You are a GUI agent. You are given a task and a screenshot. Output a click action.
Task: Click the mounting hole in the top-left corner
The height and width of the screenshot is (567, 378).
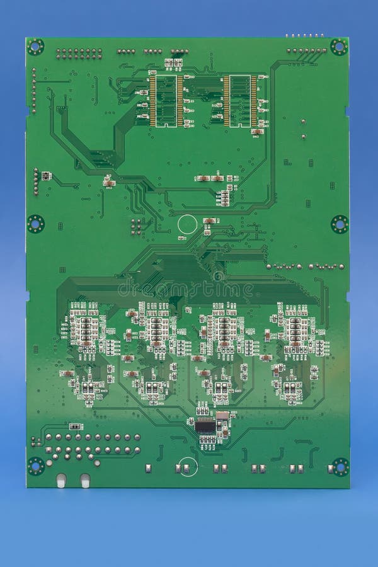35,47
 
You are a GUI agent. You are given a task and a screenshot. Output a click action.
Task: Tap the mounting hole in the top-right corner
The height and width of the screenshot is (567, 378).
339,47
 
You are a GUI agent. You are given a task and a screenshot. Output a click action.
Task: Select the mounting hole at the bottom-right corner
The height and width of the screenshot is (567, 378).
340,467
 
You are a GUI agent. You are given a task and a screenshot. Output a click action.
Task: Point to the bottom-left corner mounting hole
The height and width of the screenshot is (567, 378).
36,466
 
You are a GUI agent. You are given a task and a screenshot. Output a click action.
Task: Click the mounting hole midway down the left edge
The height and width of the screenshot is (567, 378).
35,224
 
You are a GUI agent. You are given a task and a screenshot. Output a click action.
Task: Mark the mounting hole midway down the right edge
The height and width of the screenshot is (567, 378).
340,224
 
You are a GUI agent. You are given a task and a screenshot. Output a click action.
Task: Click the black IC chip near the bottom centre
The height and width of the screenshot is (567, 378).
205,426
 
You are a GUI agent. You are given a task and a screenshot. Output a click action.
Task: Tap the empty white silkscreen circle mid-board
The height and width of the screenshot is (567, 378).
187,224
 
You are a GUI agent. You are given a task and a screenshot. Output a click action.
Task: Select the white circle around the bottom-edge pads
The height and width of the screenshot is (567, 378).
188,467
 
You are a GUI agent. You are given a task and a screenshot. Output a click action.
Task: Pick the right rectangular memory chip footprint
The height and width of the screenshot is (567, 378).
240,101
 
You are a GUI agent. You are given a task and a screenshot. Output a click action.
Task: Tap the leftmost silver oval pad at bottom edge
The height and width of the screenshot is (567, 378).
61,481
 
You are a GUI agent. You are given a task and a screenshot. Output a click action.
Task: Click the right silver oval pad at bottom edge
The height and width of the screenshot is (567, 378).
85,481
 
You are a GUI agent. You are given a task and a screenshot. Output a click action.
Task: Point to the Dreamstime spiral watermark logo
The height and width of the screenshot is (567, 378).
218,276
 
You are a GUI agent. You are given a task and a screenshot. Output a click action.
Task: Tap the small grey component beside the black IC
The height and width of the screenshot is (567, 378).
222,416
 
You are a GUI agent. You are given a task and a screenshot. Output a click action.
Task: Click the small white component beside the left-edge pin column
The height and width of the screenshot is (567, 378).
46,176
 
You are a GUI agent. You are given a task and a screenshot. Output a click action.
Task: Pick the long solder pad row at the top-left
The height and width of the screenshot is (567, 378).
79,54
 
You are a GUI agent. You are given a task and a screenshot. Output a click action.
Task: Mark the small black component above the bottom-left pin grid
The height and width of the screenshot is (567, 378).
74,427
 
